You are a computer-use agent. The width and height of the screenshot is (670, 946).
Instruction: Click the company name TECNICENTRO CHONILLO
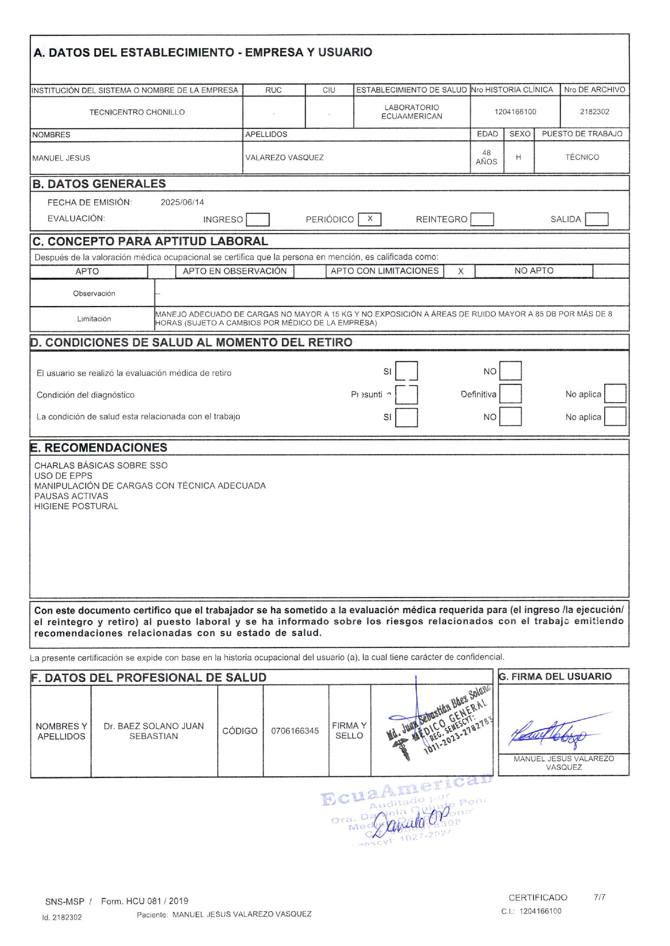(137, 112)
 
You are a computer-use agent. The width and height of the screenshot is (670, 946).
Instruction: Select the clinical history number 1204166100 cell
(515, 112)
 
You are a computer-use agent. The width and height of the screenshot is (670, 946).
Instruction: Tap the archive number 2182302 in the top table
(595, 112)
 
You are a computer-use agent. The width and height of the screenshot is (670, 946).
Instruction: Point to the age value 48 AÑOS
(486, 157)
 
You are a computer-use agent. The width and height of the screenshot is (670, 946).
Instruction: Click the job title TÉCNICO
(582, 157)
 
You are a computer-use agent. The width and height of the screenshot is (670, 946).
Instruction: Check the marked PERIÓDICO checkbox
(370, 219)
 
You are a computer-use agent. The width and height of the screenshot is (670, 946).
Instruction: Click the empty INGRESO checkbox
(258, 219)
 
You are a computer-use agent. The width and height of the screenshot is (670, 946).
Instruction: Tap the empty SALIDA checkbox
(597, 219)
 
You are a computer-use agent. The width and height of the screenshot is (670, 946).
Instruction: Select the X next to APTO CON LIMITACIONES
(460, 271)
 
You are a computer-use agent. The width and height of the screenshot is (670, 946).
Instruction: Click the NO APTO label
(534, 271)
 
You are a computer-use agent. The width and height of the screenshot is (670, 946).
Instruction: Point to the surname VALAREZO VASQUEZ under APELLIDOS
(285, 158)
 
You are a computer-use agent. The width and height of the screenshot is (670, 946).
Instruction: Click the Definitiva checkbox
(510, 394)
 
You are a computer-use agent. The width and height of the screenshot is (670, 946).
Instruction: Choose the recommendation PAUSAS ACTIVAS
(71, 496)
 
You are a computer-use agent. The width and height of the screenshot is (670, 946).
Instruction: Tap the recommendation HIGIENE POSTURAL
(76, 506)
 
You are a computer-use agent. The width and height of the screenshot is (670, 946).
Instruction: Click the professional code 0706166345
(295, 731)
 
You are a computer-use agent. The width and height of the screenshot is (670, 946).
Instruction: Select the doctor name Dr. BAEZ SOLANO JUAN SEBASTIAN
(154, 731)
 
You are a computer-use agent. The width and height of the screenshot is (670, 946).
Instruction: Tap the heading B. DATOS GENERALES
(99, 184)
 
